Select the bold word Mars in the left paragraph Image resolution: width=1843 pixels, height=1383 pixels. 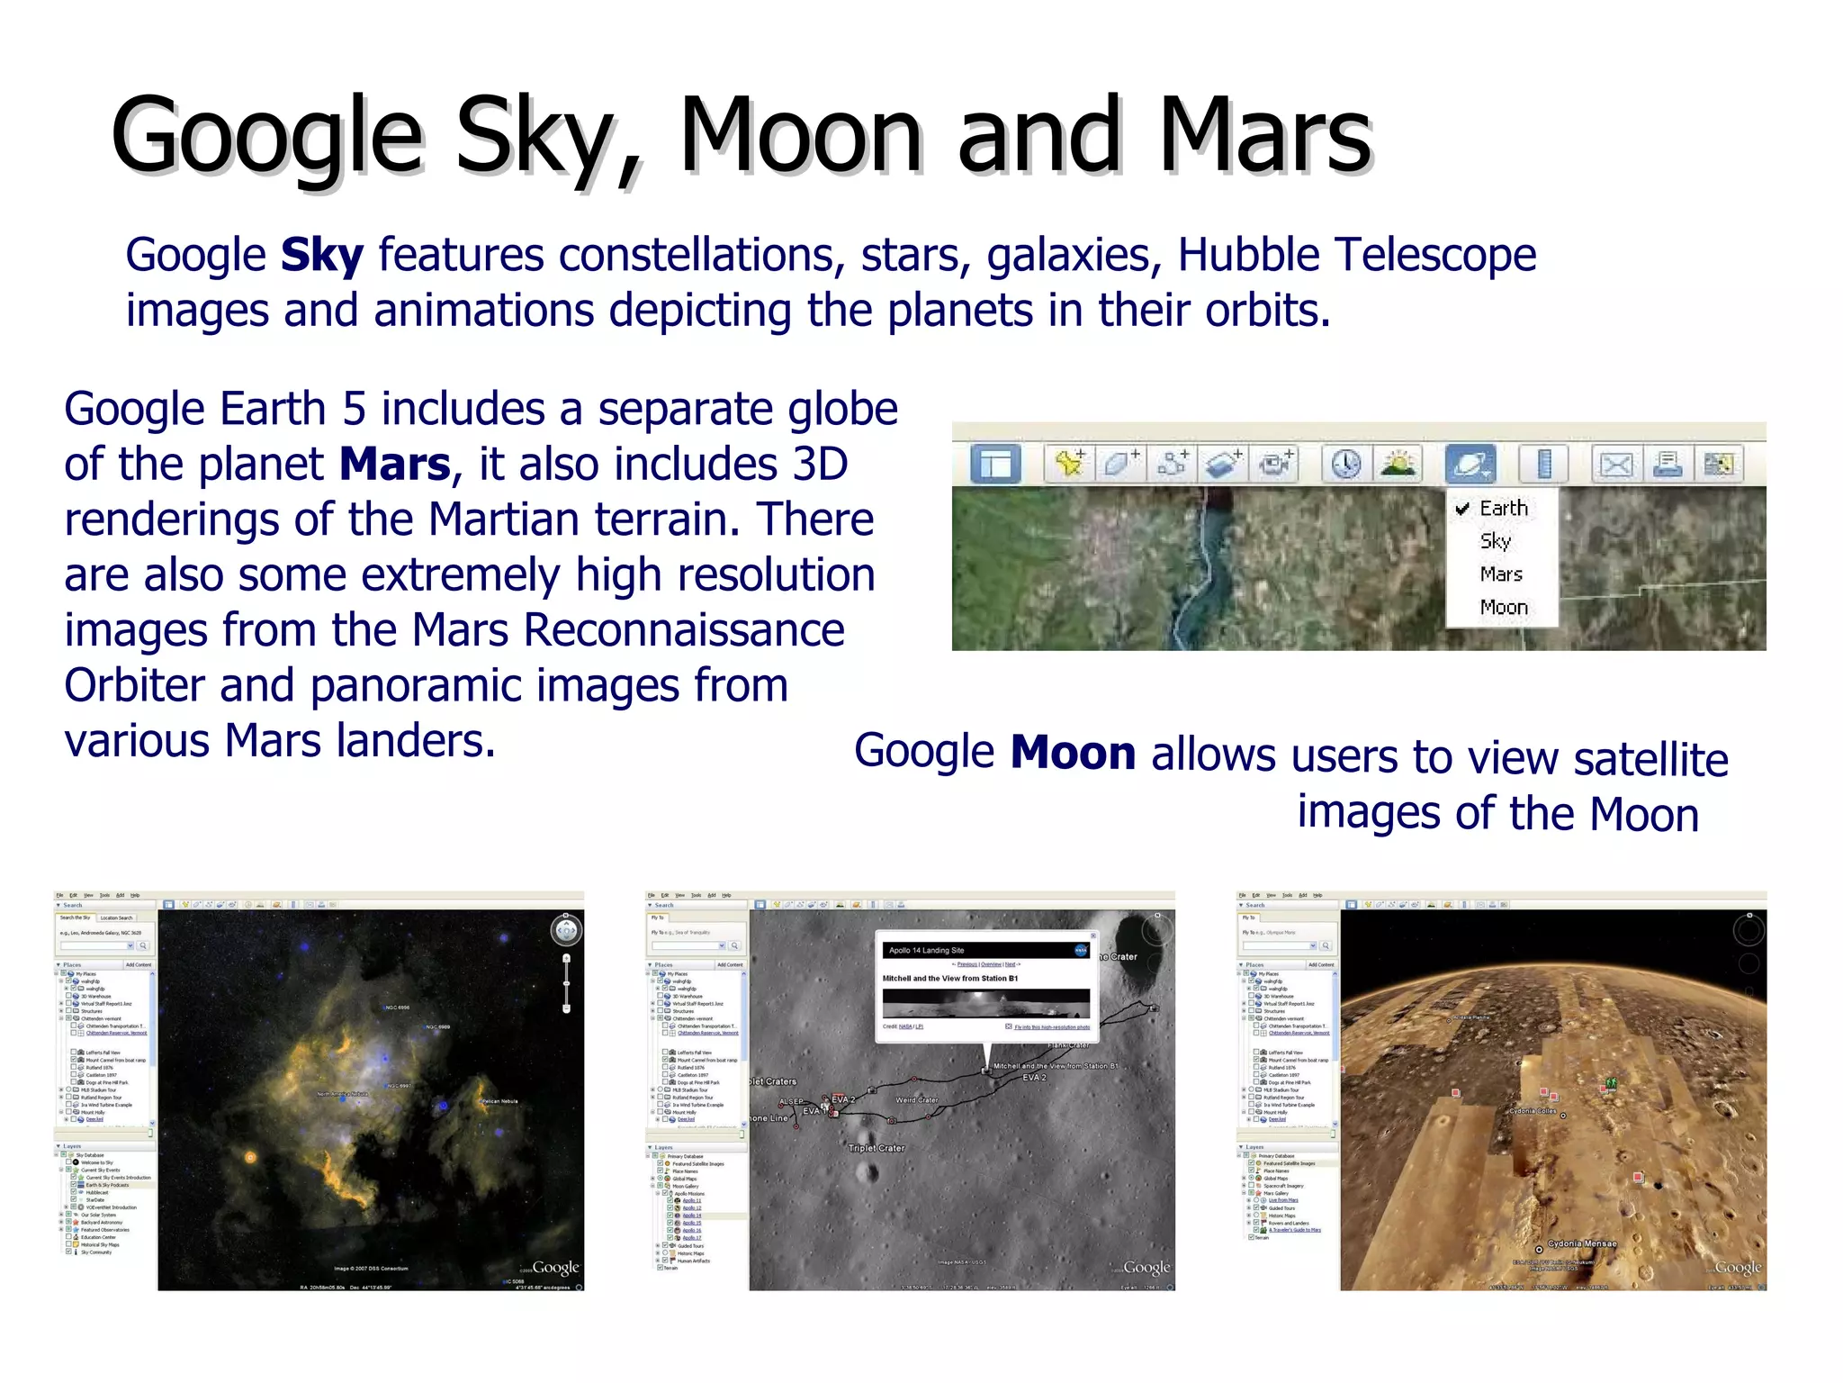pos(394,465)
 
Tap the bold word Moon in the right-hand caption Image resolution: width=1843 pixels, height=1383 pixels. pos(1073,753)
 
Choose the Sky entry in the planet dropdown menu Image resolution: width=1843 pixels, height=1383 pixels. pos(1495,541)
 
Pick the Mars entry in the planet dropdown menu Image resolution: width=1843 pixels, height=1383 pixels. pos(1500,574)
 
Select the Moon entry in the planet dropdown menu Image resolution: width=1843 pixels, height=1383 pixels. pos(1503,608)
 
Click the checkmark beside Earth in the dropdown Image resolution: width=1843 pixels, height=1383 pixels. pos(1462,509)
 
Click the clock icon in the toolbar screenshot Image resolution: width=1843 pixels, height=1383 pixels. pos(1345,465)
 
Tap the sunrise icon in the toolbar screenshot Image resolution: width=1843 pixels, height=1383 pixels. pos(1398,465)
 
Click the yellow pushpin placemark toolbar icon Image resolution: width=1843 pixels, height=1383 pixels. pos(1069,465)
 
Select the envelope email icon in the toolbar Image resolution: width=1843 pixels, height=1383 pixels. pos(1616,465)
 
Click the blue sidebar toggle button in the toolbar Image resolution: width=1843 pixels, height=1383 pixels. pos(995,465)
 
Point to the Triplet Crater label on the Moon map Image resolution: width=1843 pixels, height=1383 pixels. pos(876,1148)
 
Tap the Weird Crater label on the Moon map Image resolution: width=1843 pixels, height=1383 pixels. pos(916,1100)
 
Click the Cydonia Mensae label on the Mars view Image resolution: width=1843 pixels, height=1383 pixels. pos(1581,1244)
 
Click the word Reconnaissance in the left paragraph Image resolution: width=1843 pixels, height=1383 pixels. pos(684,630)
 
